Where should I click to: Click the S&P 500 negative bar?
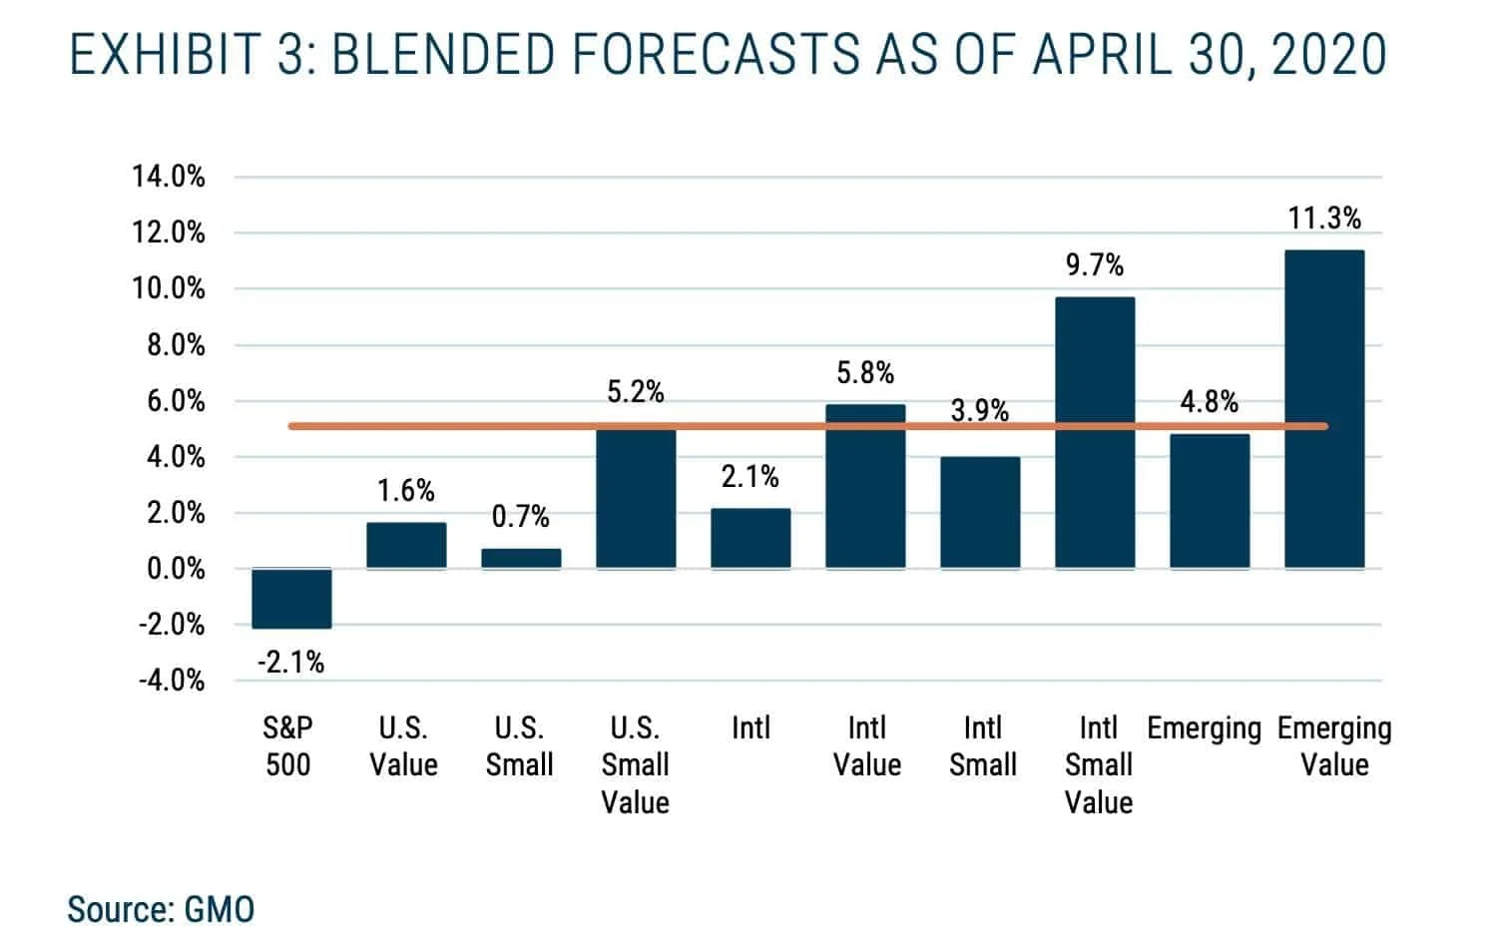[x=291, y=598]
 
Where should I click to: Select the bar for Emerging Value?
[x=1323, y=409]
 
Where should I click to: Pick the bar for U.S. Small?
[x=521, y=559]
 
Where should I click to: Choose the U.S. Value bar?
[x=406, y=545]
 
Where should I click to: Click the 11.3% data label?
[x=1324, y=218]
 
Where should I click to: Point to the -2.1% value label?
[x=290, y=663]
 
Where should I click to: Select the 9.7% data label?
[x=1095, y=265]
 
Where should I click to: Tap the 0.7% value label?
[x=521, y=517]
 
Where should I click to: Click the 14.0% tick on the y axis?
[x=169, y=178]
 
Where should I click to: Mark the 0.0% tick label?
[x=176, y=570]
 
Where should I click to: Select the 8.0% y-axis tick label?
[x=176, y=345]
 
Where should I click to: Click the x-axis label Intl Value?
[x=866, y=746]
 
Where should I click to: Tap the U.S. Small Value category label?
[x=635, y=764]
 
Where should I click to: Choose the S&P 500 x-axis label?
[x=287, y=746]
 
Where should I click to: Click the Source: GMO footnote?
[x=161, y=910]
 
